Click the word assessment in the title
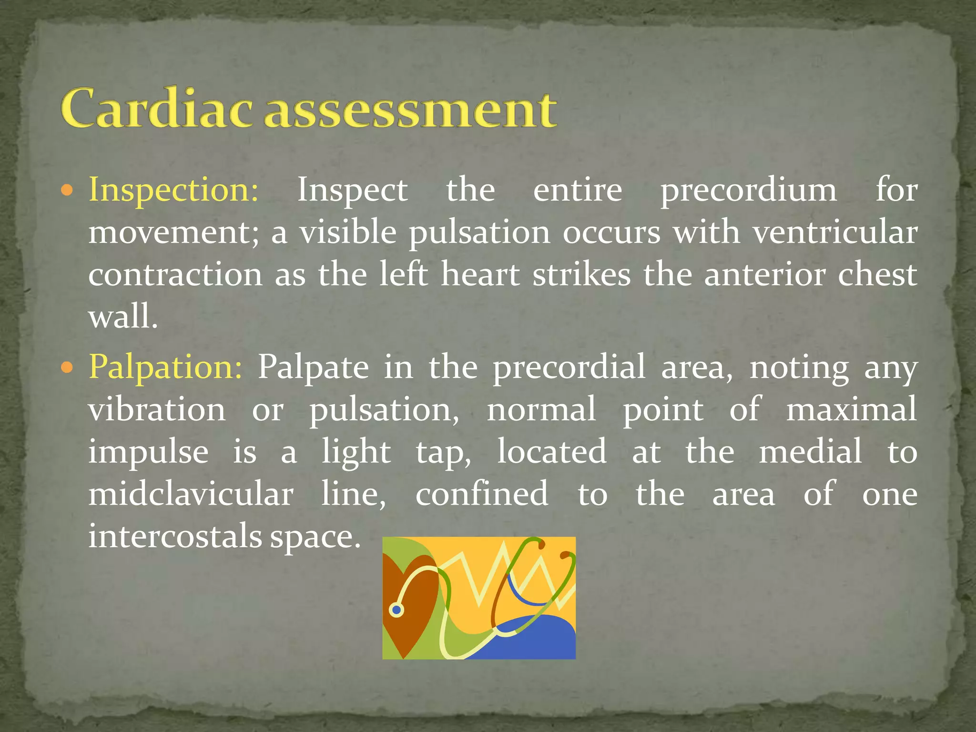pyautogui.click(x=410, y=111)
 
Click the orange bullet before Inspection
pyautogui.click(x=67, y=191)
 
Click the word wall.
pyautogui.click(x=122, y=317)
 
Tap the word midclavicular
pyautogui.click(x=191, y=494)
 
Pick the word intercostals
pyautogui.click(x=175, y=536)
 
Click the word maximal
pyautogui.click(x=851, y=410)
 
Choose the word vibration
pyautogui.click(x=157, y=410)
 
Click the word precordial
pyautogui.click(x=569, y=367)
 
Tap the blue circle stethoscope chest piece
pyautogui.click(x=396, y=610)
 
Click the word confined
pyautogui.click(x=481, y=494)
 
